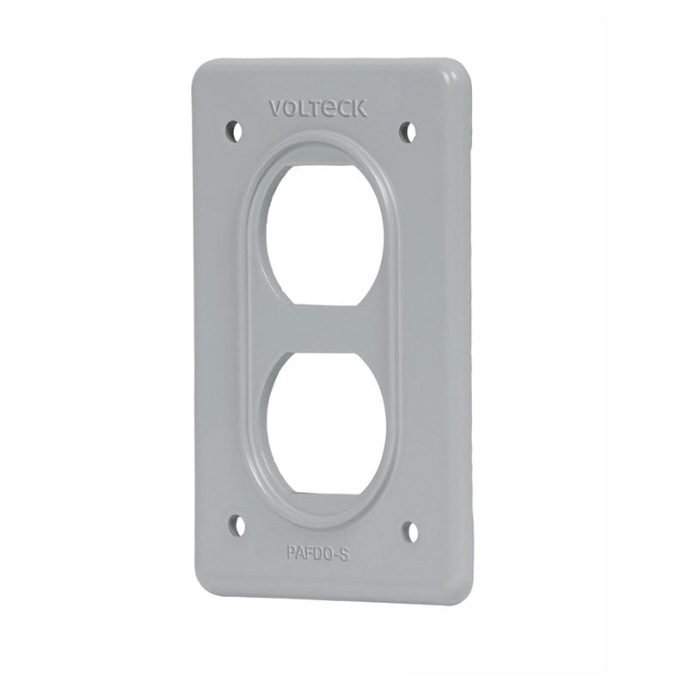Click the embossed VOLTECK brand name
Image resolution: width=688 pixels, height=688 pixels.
[x=318, y=108]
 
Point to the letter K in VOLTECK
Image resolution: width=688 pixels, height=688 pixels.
[x=360, y=109]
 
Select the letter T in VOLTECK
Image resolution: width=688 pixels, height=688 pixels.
[x=317, y=108]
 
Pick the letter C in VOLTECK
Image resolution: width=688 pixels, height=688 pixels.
[x=346, y=108]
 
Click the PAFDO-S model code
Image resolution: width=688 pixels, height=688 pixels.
[x=318, y=554]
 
